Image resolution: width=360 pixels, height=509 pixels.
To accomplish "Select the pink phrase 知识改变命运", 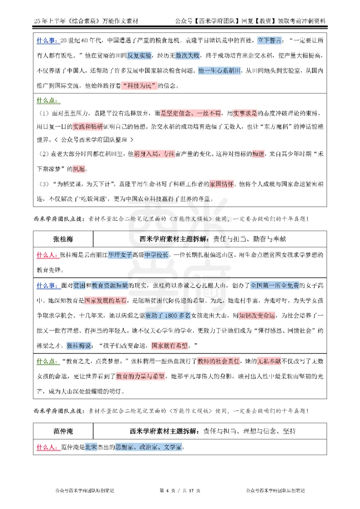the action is point(253,316).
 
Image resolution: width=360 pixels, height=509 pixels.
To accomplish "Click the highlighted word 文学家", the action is point(172,447).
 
